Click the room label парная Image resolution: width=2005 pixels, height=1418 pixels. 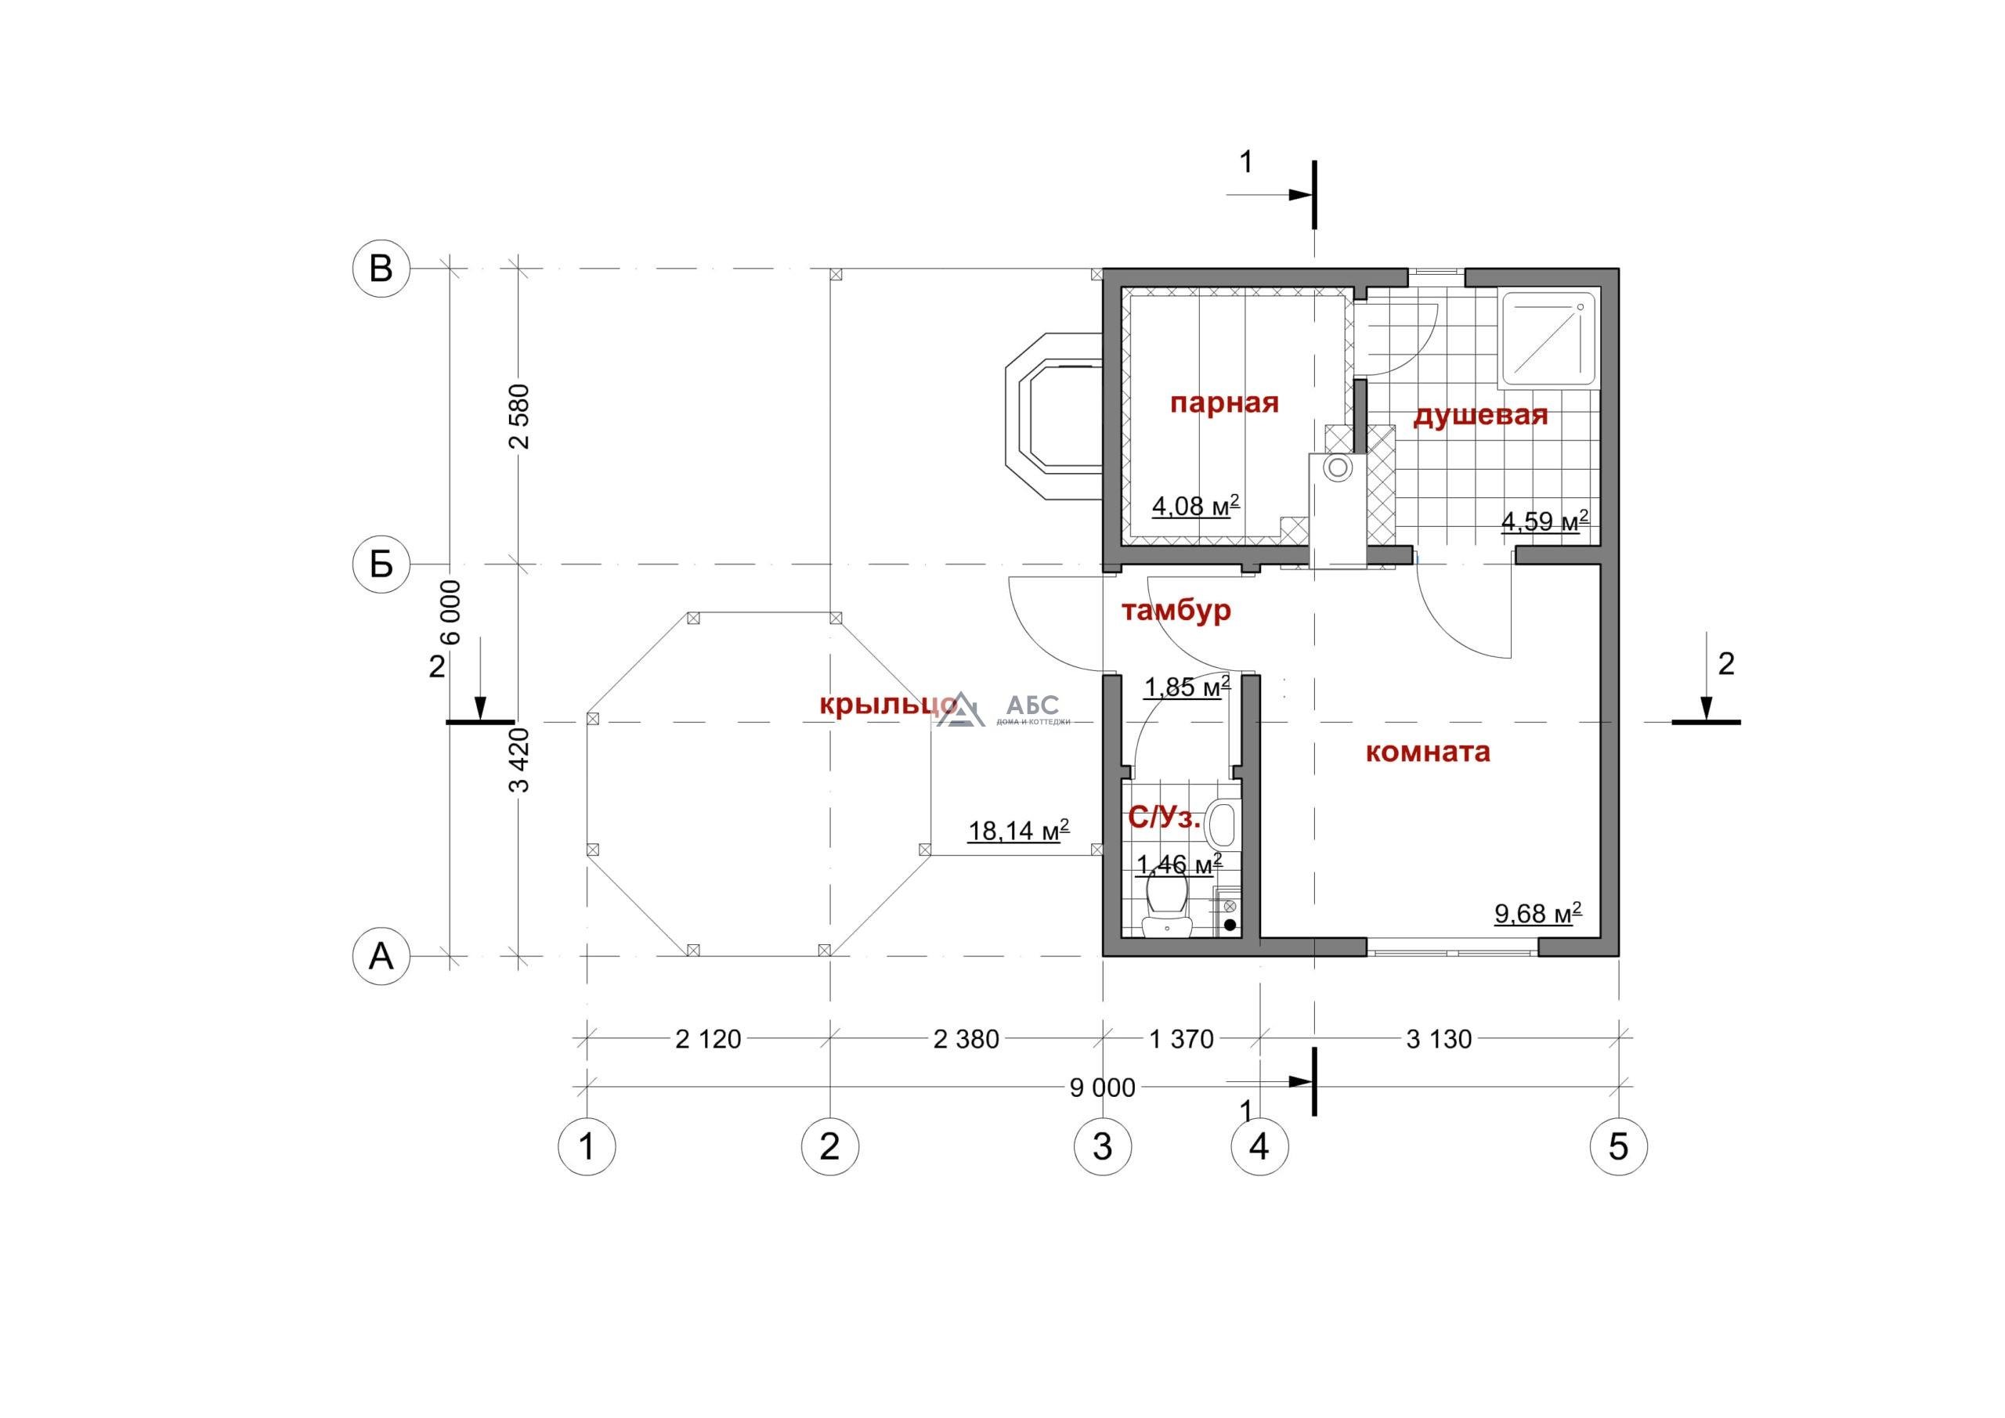click(1224, 403)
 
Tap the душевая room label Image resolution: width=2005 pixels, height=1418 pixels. click(1480, 417)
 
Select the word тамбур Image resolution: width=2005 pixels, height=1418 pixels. click(1176, 609)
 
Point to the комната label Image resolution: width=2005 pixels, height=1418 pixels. click(1427, 752)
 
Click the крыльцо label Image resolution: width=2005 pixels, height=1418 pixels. click(889, 705)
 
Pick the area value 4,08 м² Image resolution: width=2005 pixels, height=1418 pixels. click(1195, 506)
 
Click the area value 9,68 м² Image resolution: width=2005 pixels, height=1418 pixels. click(1539, 915)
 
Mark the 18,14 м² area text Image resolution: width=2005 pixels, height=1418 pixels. click(1018, 831)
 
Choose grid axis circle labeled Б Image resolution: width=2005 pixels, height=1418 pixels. click(381, 565)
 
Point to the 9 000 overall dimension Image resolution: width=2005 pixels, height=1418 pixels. click(1103, 1088)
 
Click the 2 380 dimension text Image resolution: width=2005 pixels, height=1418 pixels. click(966, 1039)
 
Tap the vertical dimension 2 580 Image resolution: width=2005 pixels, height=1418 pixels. click(521, 416)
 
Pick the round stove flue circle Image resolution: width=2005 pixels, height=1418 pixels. click(1336, 468)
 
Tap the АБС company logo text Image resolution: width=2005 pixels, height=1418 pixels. click(1032, 704)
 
